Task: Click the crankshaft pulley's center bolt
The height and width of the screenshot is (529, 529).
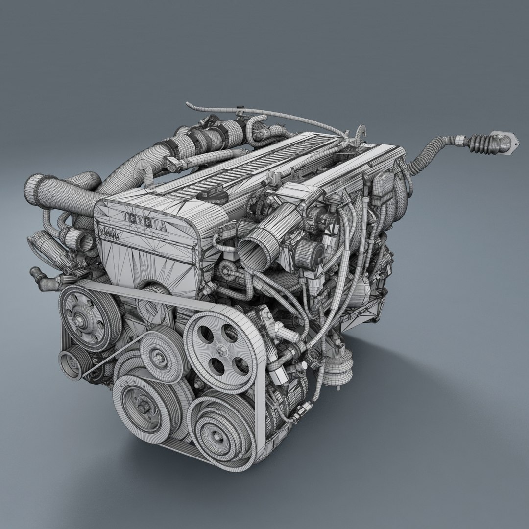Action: point(143,407)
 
